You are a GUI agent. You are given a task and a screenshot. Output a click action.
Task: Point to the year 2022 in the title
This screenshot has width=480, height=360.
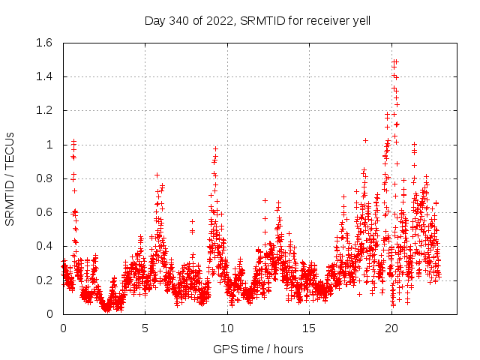click(x=223, y=21)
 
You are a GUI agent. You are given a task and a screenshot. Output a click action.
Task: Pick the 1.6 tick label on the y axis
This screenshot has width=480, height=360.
click(x=43, y=43)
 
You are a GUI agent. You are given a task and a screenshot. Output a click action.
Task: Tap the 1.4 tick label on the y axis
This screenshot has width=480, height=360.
click(x=43, y=76)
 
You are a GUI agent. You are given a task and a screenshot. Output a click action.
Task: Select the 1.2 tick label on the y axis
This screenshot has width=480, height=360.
click(x=43, y=110)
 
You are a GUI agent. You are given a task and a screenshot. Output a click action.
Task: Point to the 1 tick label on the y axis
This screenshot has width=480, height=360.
click(x=49, y=145)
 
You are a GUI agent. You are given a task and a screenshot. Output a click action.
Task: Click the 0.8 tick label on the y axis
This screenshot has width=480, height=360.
click(x=43, y=178)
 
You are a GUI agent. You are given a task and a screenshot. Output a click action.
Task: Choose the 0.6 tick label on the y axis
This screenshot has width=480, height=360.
click(x=43, y=212)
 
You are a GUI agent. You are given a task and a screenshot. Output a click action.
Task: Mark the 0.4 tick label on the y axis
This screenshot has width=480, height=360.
click(x=43, y=246)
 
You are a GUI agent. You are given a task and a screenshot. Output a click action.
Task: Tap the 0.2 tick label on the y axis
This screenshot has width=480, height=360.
click(x=43, y=280)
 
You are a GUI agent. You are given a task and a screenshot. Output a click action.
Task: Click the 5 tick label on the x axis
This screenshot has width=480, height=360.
click(x=145, y=328)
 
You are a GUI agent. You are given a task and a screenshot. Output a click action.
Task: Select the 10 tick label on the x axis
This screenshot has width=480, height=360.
click(x=227, y=328)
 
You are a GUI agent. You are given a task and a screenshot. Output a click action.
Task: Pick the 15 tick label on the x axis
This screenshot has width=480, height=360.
click(x=309, y=328)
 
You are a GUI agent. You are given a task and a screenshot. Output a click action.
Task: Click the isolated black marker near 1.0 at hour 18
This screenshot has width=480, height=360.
click(x=365, y=140)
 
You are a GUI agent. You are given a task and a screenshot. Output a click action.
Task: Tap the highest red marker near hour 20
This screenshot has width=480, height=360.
click(x=395, y=61)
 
